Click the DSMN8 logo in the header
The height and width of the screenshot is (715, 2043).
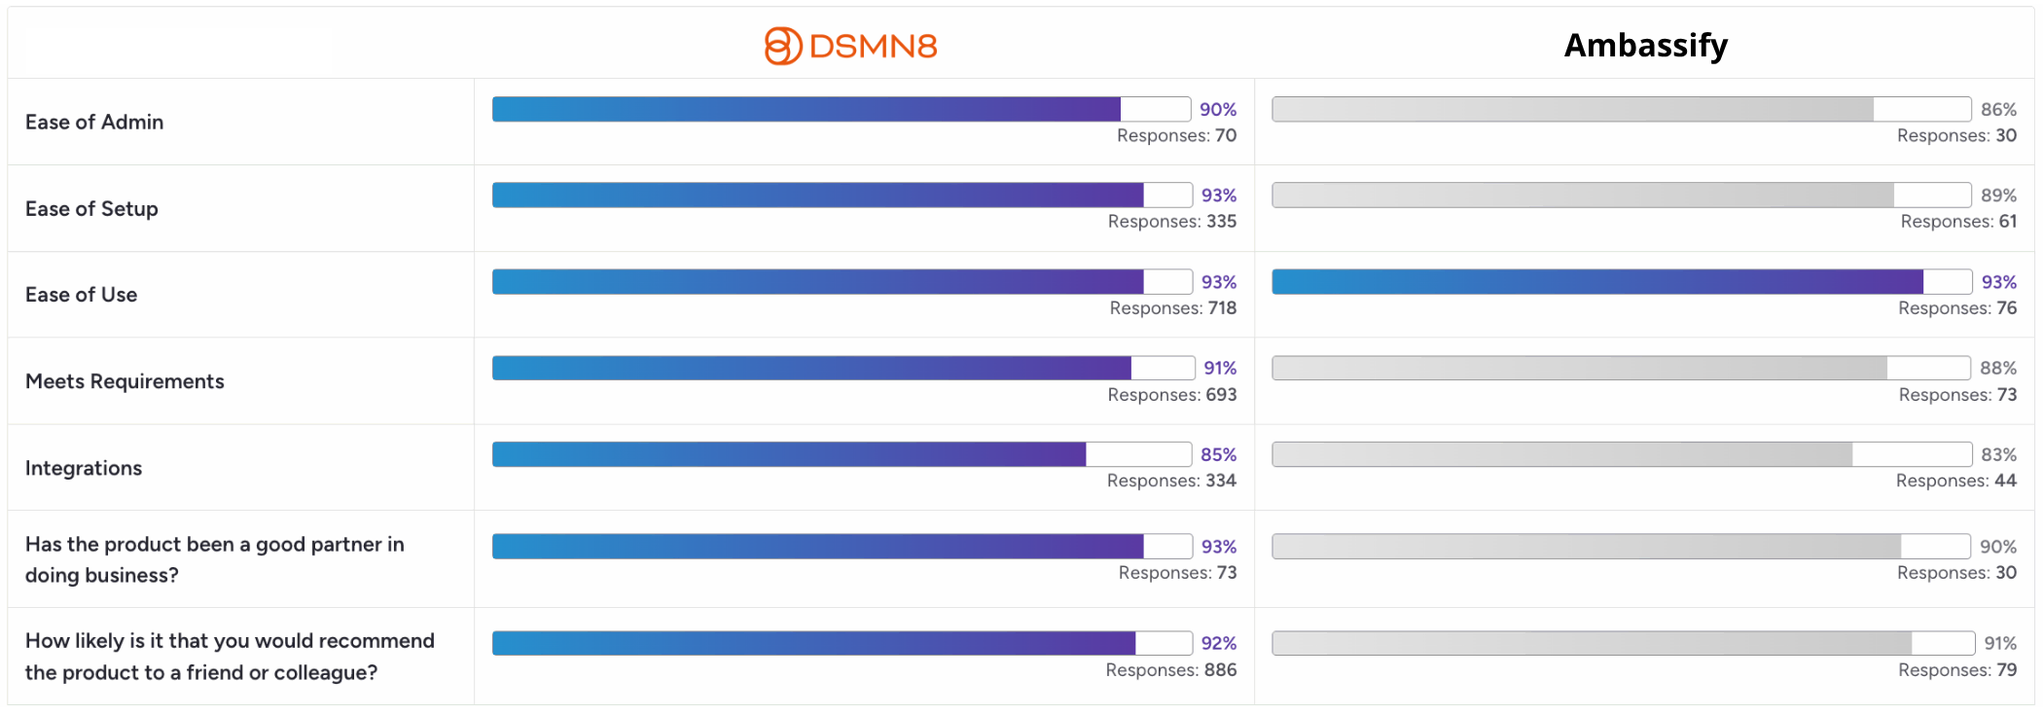[850, 46]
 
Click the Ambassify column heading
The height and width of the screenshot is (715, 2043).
[1646, 46]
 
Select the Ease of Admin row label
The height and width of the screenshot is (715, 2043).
[94, 122]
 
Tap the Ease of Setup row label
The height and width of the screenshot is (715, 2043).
[91, 208]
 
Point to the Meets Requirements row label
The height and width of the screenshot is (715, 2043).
[125, 381]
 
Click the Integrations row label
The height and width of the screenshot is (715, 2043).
[84, 468]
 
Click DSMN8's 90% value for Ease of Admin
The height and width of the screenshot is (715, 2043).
[1218, 109]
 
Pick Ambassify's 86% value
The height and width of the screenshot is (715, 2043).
[1998, 109]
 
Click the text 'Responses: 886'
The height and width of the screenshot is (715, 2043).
[1171, 670]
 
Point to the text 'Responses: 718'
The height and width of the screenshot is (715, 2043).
[1173, 308]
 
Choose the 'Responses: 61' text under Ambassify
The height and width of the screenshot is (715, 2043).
[1959, 222]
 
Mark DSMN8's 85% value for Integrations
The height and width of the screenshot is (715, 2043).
[1219, 454]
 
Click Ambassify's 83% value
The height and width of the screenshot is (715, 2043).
[1998, 454]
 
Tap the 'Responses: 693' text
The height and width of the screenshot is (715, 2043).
[1172, 395]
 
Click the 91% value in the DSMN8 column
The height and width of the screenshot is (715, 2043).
[1220, 368]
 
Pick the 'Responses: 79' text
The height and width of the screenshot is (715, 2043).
[1957, 670]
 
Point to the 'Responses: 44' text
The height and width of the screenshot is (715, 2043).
[1956, 481]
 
